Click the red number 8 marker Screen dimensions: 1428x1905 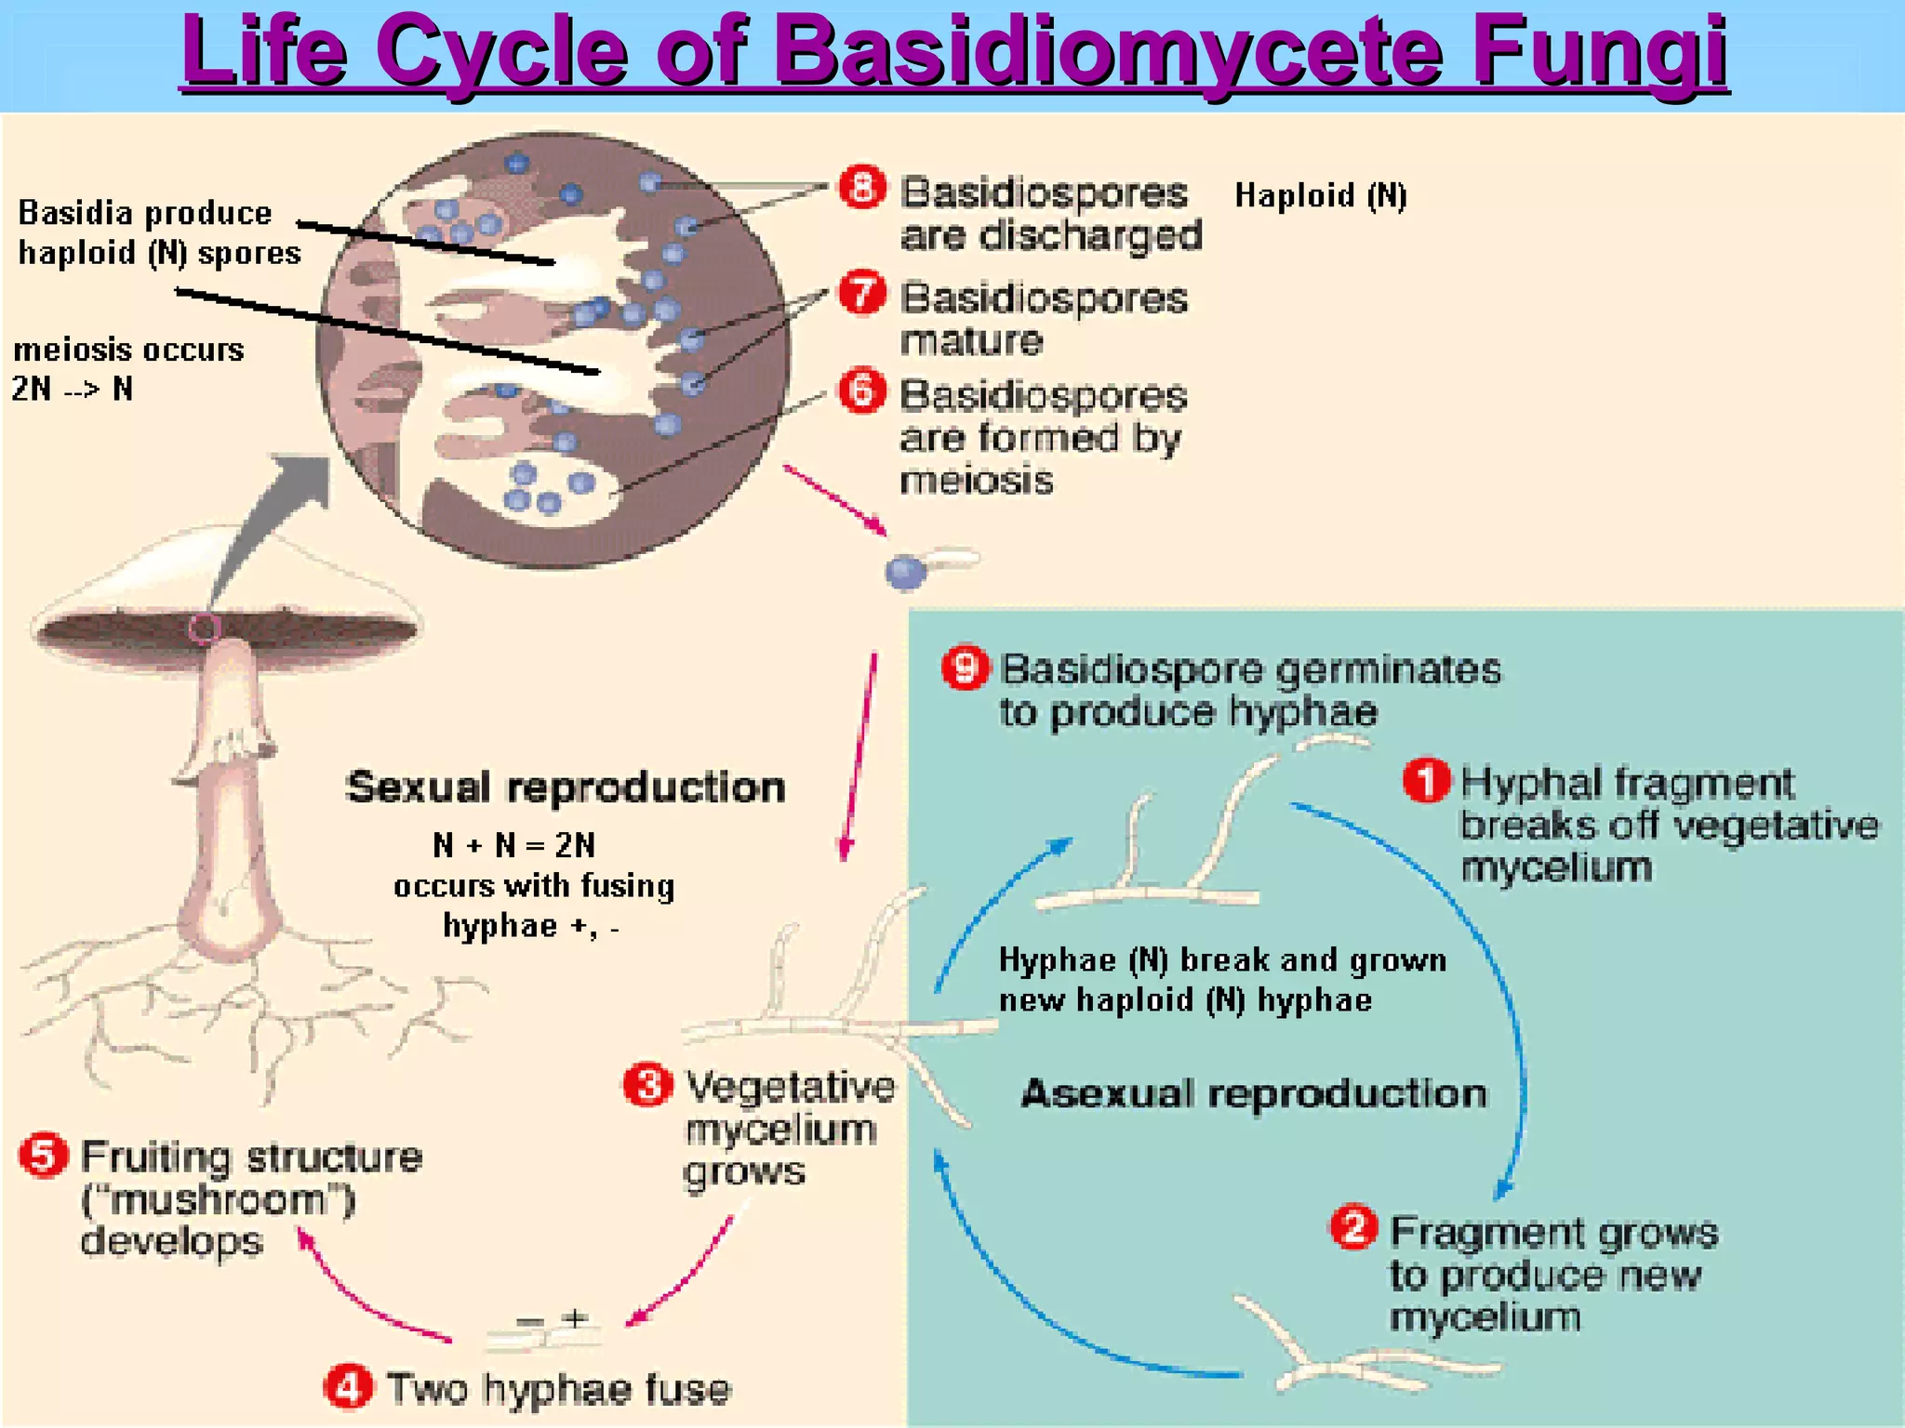(862, 188)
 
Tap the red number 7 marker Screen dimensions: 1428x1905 (862, 293)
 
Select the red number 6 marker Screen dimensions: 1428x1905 (862, 390)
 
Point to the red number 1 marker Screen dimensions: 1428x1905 (1426, 780)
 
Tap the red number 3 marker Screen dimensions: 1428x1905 (647, 1084)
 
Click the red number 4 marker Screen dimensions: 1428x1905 (348, 1387)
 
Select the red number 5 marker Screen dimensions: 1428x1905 (44, 1156)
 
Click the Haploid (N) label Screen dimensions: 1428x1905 (1320, 195)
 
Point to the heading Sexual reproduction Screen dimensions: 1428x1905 (566, 787)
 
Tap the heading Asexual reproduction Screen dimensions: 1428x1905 (1254, 1093)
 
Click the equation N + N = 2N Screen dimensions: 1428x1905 (513, 845)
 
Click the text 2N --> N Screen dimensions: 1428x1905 (72, 389)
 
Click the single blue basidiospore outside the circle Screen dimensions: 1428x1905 (905, 572)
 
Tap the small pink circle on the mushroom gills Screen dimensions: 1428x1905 (205, 628)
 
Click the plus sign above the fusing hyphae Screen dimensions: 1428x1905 (576, 1317)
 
